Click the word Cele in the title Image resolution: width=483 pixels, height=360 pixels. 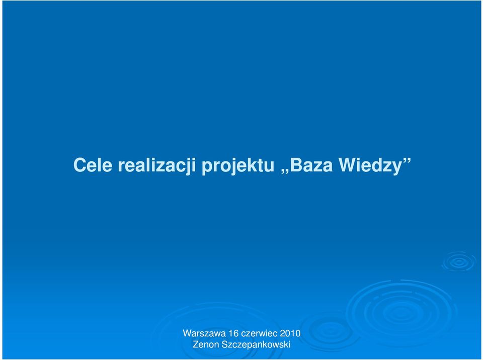point(93,165)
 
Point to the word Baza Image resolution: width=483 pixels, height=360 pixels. point(311,165)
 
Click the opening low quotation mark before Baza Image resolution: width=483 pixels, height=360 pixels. point(284,171)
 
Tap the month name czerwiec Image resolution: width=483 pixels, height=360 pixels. point(259,333)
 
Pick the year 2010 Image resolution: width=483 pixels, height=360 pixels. point(290,333)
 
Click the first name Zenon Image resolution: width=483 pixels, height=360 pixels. point(205,344)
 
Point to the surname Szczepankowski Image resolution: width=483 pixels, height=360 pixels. point(256,345)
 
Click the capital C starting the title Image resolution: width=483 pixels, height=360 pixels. point(79,165)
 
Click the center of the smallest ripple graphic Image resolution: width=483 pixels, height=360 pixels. point(459,262)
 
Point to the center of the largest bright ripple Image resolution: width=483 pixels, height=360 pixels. point(400,313)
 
